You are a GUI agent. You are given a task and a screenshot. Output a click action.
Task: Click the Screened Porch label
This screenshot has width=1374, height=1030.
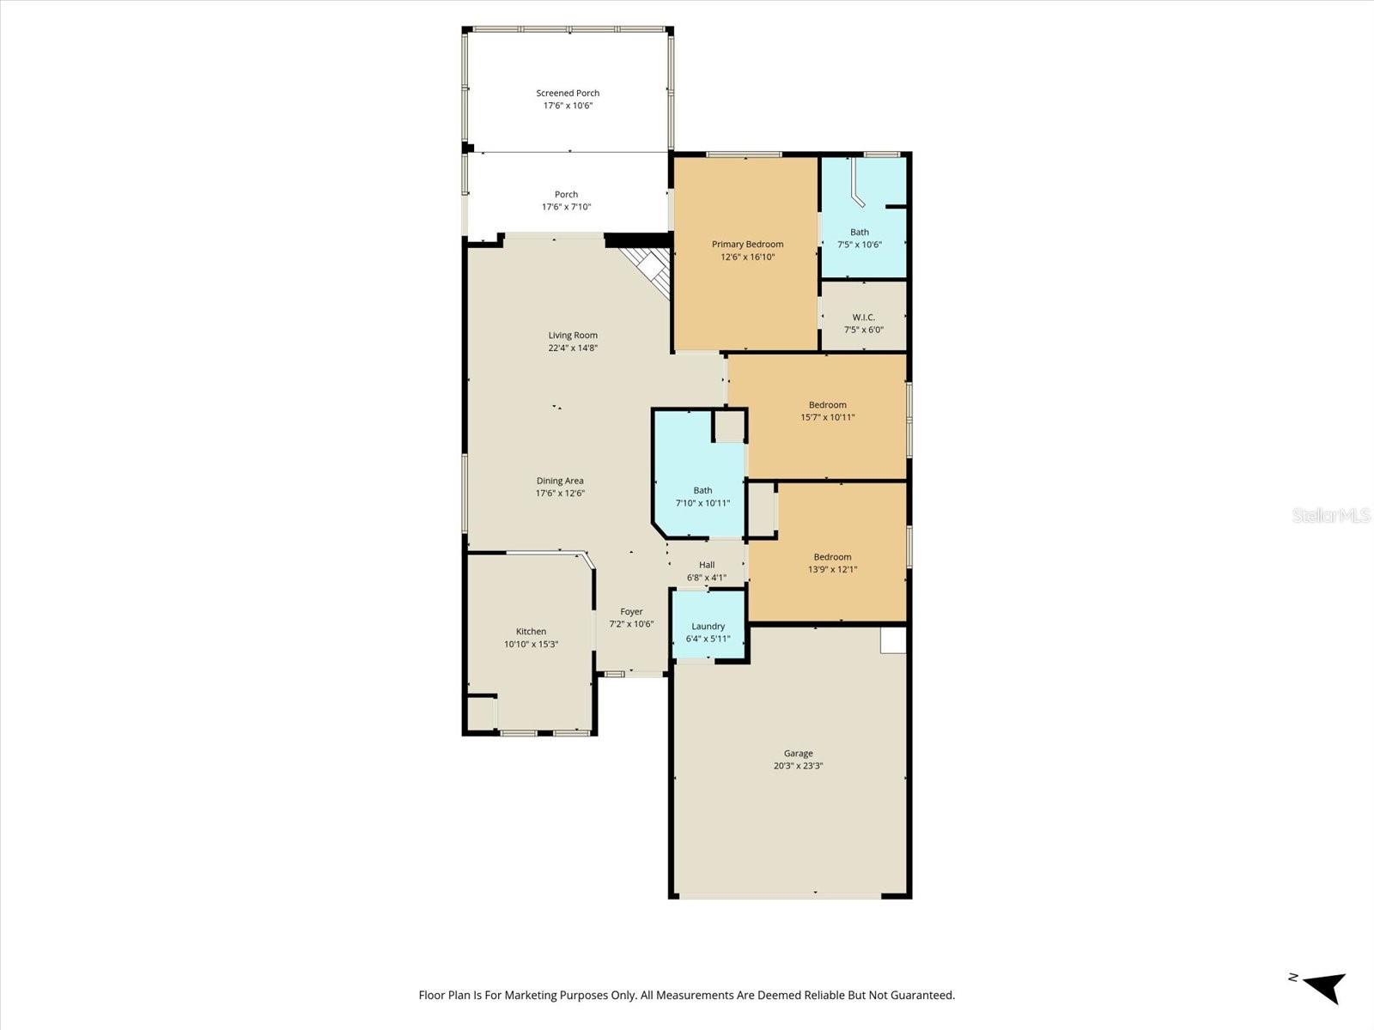(x=568, y=93)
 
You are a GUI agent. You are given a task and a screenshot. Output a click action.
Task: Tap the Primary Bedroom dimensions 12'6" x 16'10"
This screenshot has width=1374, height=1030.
(x=747, y=257)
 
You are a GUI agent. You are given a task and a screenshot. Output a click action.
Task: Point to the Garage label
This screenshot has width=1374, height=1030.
(x=798, y=754)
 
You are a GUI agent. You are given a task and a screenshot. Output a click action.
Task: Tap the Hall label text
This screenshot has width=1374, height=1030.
(x=706, y=565)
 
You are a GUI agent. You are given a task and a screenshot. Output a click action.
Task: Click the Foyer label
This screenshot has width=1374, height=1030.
(x=631, y=612)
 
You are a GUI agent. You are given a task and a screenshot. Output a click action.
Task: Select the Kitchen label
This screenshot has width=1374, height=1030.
(x=531, y=632)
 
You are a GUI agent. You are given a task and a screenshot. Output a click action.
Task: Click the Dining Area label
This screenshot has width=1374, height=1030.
(x=560, y=481)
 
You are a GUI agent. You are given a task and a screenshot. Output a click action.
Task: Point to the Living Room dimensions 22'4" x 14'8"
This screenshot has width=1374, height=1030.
(x=573, y=348)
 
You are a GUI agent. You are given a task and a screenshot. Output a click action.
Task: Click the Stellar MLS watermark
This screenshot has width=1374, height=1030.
(x=1331, y=515)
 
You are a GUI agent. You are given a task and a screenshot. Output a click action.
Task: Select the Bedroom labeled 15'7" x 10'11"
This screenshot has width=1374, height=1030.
(x=827, y=411)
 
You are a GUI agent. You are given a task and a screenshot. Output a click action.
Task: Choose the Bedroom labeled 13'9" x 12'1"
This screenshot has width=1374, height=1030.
(x=832, y=562)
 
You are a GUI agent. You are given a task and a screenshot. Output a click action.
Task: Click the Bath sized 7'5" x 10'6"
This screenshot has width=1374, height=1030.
(x=859, y=238)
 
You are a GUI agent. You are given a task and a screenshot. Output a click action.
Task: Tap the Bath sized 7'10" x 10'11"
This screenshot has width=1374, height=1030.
(x=702, y=496)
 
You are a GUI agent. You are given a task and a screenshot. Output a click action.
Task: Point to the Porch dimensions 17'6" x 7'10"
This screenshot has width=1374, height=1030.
(x=566, y=207)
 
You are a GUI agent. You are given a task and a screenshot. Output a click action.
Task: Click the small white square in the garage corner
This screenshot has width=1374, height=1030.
(x=893, y=640)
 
